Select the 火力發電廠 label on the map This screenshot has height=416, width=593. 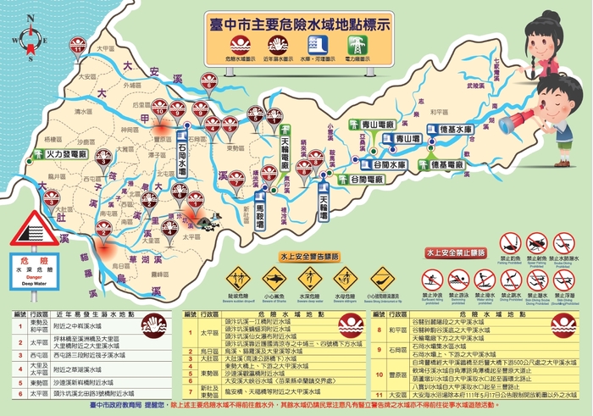point(60,155)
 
